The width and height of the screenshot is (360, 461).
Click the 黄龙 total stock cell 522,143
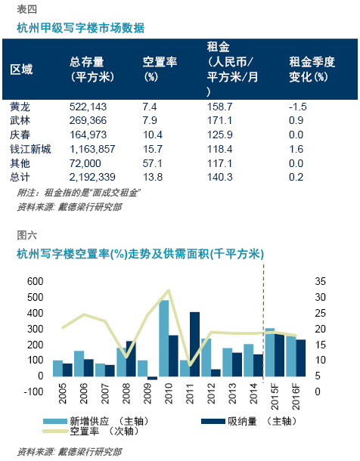point(88,107)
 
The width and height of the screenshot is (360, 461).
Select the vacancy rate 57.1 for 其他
point(152,163)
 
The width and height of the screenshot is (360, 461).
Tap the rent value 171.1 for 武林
point(219,121)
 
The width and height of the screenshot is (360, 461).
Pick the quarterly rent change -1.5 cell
point(298,107)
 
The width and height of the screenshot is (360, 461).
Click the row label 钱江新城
point(30,149)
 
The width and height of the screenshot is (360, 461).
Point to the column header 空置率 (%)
point(160,70)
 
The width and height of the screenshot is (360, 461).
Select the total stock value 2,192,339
point(92,177)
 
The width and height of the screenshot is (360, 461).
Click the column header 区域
point(21,70)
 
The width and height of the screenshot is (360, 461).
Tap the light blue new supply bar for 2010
point(164,338)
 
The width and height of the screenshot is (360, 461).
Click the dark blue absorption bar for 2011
point(194,345)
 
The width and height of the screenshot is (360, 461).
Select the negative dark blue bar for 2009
point(152,378)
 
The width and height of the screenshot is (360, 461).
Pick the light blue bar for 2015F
point(270,352)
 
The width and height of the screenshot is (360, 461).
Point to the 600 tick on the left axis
point(36,281)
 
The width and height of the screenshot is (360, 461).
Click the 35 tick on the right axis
point(321,281)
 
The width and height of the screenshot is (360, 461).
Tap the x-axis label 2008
point(126,394)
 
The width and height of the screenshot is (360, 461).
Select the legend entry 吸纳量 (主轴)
point(249,421)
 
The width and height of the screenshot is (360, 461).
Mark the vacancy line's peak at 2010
point(169,290)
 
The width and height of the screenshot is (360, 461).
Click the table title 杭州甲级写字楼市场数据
point(81,28)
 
